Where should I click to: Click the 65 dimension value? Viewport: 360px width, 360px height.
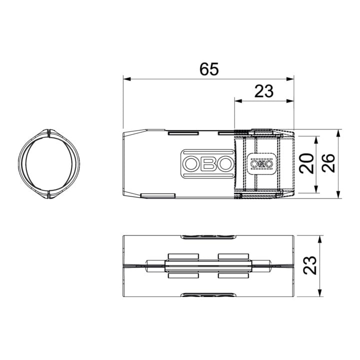click(209, 69)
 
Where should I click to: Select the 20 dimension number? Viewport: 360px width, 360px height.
click(306, 163)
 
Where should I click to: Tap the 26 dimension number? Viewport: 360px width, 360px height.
click(328, 163)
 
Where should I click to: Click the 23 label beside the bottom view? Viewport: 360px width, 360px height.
click(309, 265)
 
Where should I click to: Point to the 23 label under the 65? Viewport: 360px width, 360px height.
click(264, 91)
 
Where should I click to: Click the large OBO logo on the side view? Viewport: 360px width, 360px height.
click(208, 163)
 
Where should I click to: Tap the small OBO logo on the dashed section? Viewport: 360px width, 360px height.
click(261, 163)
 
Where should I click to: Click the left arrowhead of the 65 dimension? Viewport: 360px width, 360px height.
click(127, 79)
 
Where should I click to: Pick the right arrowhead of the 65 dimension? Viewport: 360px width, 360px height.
click(290, 79)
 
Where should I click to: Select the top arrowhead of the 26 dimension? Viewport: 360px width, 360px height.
click(338, 133)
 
